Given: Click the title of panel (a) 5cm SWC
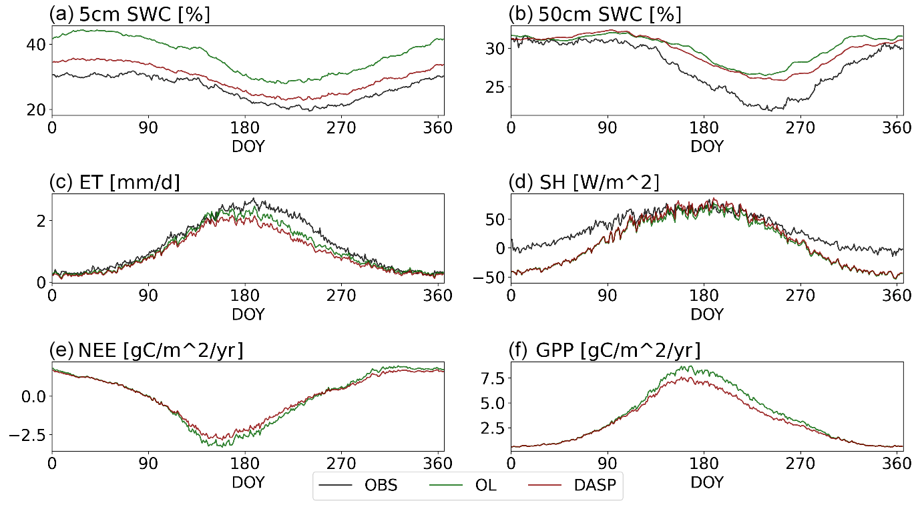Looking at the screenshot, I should point(130,14).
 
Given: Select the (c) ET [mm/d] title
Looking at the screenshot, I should point(115,182).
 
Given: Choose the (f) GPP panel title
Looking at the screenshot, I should point(605,350).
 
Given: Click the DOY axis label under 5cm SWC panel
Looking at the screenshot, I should point(248,146).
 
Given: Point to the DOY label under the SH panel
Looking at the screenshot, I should point(706,314).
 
